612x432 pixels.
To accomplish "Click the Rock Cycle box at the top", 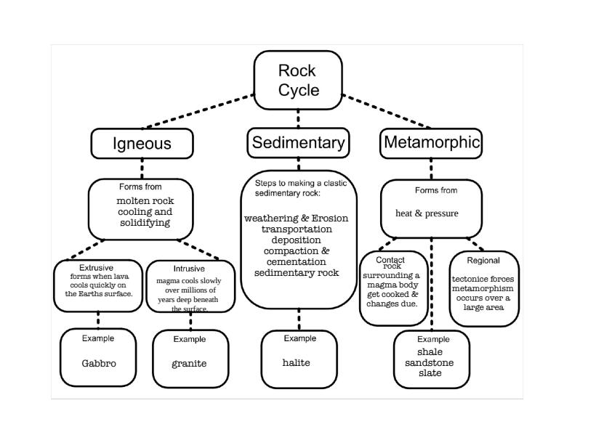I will (x=298, y=80).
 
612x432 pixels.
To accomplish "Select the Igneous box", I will (x=142, y=143).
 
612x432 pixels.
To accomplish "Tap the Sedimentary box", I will (x=298, y=143).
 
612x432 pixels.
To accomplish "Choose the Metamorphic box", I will (x=432, y=142).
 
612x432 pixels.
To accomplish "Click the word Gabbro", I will (x=98, y=363).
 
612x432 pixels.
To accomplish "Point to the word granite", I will (x=189, y=363).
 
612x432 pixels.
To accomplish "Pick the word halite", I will (x=297, y=362).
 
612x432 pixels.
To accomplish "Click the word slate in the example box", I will (x=430, y=373).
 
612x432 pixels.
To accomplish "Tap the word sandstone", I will (x=430, y=363).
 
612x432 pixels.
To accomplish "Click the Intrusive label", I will (x=189, y=269).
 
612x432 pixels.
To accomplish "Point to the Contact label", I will (x=390, y=260).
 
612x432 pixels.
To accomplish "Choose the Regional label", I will (x=483, y=261).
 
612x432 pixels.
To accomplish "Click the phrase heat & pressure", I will (x=427, y=213).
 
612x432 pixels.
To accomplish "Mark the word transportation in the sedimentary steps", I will (x=296, y=229).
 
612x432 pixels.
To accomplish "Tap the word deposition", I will (x=296, y=240).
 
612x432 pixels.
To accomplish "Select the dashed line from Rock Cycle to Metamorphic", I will (x=389, y=111).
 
